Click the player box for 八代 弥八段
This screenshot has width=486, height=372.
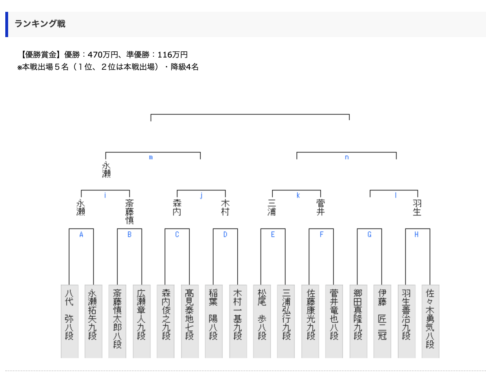point(69,321)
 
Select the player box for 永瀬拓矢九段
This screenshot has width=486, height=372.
point(93,321)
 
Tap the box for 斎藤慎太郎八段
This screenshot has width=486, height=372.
point(117,321)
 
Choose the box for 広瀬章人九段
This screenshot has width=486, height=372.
point(141,321)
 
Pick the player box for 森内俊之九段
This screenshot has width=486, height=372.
point(166,321)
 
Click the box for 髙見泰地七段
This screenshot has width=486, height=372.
point(190,321)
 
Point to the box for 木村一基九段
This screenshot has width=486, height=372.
point(238,321)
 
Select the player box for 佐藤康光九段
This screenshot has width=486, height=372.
point(310,321)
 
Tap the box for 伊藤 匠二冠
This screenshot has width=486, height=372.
point(382,321)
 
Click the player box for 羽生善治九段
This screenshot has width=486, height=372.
point(406,321)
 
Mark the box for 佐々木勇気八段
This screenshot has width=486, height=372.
point(430,321)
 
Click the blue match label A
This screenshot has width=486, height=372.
point(81,235)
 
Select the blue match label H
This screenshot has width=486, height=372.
point(416,235)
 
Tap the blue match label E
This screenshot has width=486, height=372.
point(273,235)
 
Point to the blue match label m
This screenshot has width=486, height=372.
point(151,157)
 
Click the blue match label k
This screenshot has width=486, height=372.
point(298,195)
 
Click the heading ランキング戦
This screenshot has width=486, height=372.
point(40,24)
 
